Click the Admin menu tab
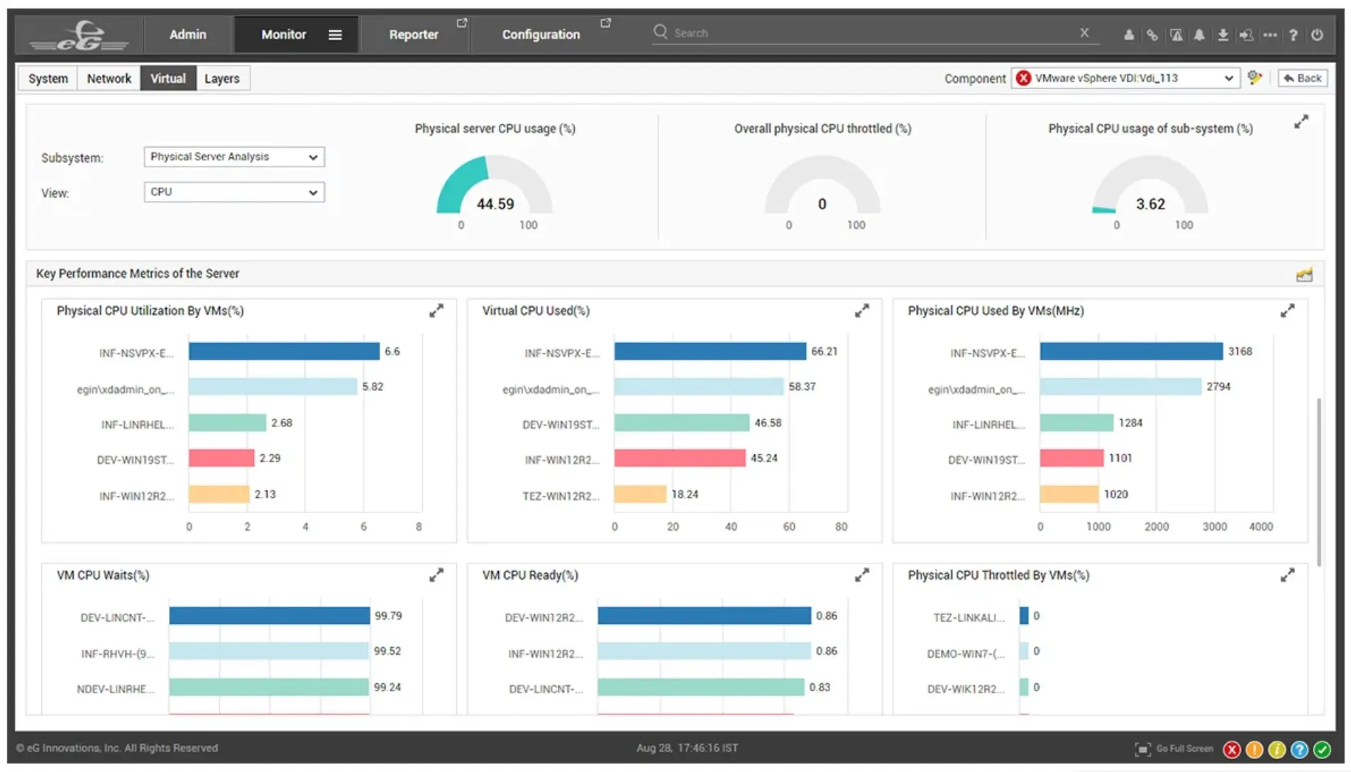click(x=187, y=34)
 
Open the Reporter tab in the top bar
click(x=413, y=34)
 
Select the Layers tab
click(x=221, y=79)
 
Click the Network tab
click(x=109, y=79)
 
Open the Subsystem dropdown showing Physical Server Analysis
click(x=234, y=157)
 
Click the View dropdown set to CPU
click(x=234, y=192)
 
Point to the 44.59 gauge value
click(x=495, y=204)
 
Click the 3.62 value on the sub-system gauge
click(x=1149, y=204)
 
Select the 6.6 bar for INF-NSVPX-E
click(x=284, y=351)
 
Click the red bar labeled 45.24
click(x=679, y=458)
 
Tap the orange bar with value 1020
click(x=1069, y=494)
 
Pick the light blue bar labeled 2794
click(x=1120, y=387)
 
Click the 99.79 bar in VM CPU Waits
click(x=269, y=616)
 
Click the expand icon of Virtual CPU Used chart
click(x=861, y=311)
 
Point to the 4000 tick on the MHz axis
click(x=1260, y=526)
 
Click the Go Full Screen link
click(x=1184, y=749)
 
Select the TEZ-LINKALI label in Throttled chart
click(x=969, y=617)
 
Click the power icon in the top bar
click(x=1317, y=35)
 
